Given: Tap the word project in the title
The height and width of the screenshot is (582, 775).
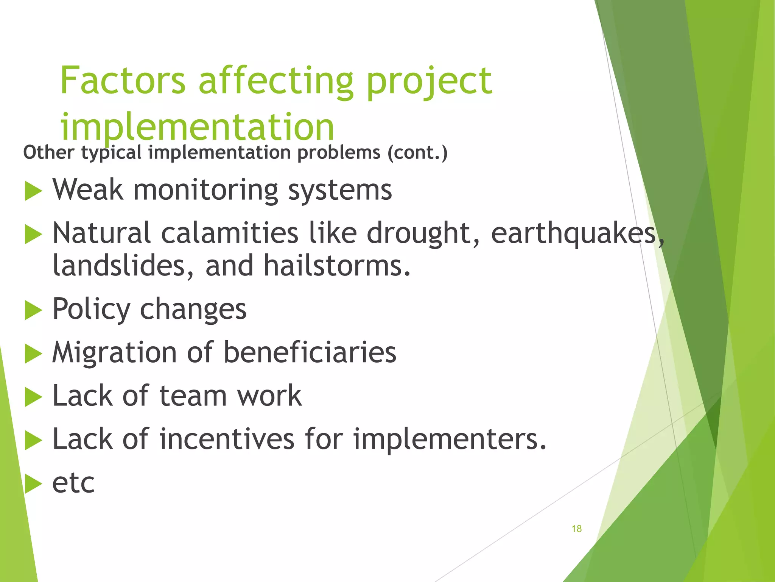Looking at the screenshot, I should tap(429, 81).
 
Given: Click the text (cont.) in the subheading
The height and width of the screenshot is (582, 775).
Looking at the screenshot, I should tap(417, 153).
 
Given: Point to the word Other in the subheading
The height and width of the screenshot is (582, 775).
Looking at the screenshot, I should tap(49, 153).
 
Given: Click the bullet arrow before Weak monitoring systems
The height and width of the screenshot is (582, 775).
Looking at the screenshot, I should tap(33, 191).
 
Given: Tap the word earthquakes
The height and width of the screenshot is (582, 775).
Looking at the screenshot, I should tap(573, 233).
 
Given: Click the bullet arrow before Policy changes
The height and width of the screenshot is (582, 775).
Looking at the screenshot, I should tap(33, 310).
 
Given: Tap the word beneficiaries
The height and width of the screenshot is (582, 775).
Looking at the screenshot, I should tap(310, 352).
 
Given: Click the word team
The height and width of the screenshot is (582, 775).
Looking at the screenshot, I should tap(193, 396).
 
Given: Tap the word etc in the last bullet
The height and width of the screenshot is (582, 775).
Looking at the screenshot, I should tap(73, 483).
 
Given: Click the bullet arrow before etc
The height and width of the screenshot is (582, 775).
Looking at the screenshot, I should tap(33, 484).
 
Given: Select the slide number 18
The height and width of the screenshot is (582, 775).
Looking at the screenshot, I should tap(576, 529).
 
